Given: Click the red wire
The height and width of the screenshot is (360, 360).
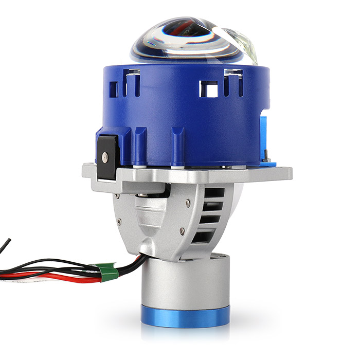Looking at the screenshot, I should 62,280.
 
